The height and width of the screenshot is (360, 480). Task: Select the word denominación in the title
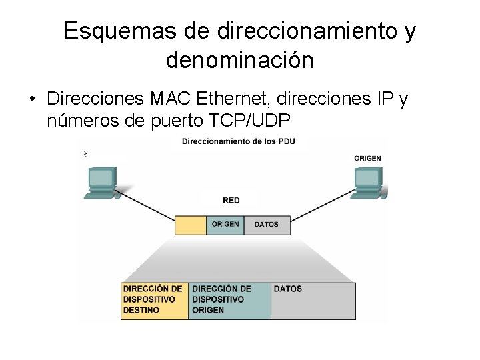(239, 60)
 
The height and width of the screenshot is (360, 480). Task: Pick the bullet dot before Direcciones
(32, 100)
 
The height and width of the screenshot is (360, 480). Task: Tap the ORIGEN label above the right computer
(368, 158)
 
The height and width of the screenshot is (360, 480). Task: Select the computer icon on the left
(102, 182)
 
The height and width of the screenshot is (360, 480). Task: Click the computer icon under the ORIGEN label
(369, 182)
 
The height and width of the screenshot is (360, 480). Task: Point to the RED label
(231, 200)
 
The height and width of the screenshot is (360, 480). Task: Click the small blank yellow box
(191, 225)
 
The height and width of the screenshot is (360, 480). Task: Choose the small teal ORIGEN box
(225, 225)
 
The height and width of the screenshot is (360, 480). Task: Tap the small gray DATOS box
(267, 225)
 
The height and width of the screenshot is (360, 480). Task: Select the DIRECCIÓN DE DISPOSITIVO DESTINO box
(155, 300)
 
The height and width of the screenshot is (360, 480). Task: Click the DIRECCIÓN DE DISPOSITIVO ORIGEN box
(230, 300)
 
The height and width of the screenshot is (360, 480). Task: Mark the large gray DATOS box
(313, 300)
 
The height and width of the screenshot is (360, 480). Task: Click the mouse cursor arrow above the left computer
(85, 154)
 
